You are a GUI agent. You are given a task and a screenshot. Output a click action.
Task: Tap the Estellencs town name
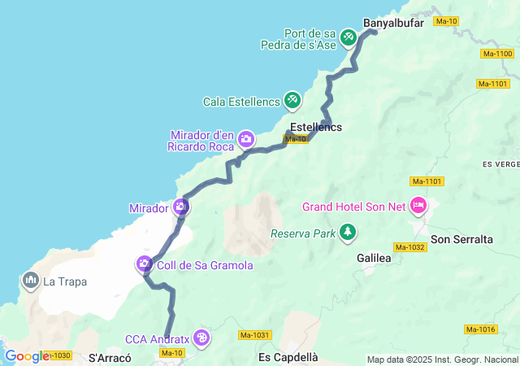316,128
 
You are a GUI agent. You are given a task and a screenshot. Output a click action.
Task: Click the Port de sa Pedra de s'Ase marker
349,37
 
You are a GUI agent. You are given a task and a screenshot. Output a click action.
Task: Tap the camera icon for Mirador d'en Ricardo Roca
245,140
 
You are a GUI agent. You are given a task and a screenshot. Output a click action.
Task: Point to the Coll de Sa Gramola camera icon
144,264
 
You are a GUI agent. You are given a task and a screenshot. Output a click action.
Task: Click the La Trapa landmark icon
32,281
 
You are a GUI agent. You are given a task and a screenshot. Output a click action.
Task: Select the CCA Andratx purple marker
201,338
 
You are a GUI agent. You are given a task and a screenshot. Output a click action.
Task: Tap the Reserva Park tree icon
348,233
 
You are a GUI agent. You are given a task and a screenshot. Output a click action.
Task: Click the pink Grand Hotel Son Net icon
418,206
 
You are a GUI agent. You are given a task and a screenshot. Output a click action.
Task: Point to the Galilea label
374,257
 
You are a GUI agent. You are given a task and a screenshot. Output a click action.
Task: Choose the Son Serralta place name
461,239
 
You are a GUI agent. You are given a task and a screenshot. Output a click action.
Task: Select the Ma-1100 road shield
497,54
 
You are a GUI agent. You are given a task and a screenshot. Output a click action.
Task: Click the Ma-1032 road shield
410,246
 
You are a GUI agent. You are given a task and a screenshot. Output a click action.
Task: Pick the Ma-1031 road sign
254,334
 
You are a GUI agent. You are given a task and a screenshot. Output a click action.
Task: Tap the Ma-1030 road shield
58,355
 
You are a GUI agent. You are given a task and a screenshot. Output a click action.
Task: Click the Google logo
26,355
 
